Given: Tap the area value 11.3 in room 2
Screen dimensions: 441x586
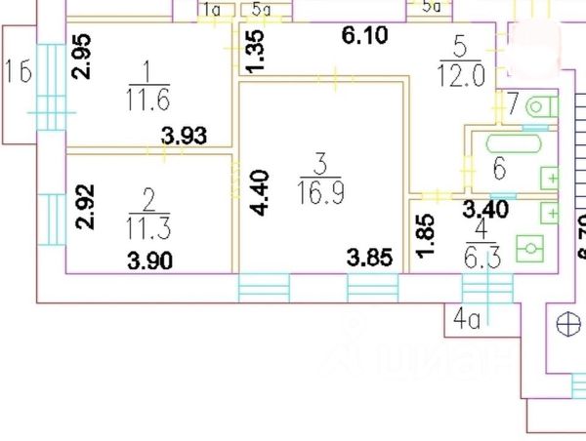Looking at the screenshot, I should pyautogui.click(x=146, y=227).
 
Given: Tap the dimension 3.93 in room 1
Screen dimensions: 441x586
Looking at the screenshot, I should pyautogui.click(x=184, y=138).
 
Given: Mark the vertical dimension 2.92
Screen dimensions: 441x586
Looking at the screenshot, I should pyautogui.click(x=83, y=207).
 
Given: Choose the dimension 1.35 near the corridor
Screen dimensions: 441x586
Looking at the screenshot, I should pyautogui.click(x=255, y=51).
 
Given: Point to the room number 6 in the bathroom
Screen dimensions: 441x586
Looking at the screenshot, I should pyautogui.click(x=498, y=169).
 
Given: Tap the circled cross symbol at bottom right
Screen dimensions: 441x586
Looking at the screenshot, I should pyautogui.click(x=566, y=325).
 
